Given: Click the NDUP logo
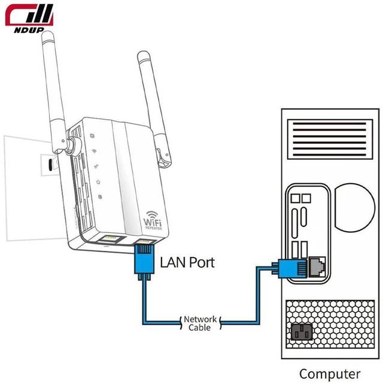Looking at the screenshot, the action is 29,18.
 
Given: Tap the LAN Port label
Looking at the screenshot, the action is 187,262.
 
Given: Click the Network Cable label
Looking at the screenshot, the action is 200,323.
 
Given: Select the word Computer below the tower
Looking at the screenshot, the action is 330,374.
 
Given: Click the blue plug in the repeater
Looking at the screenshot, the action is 144,260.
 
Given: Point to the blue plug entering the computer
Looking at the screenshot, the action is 290,268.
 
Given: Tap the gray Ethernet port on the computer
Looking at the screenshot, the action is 317,267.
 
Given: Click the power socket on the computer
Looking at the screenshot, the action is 302,332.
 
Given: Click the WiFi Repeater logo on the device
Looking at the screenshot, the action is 153,221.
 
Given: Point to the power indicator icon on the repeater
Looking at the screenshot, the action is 98,182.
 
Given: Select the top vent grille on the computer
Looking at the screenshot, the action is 330,140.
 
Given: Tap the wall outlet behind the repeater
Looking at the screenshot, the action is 50,165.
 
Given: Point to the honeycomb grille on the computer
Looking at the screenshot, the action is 330,324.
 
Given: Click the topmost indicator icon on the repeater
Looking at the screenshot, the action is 92,135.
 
